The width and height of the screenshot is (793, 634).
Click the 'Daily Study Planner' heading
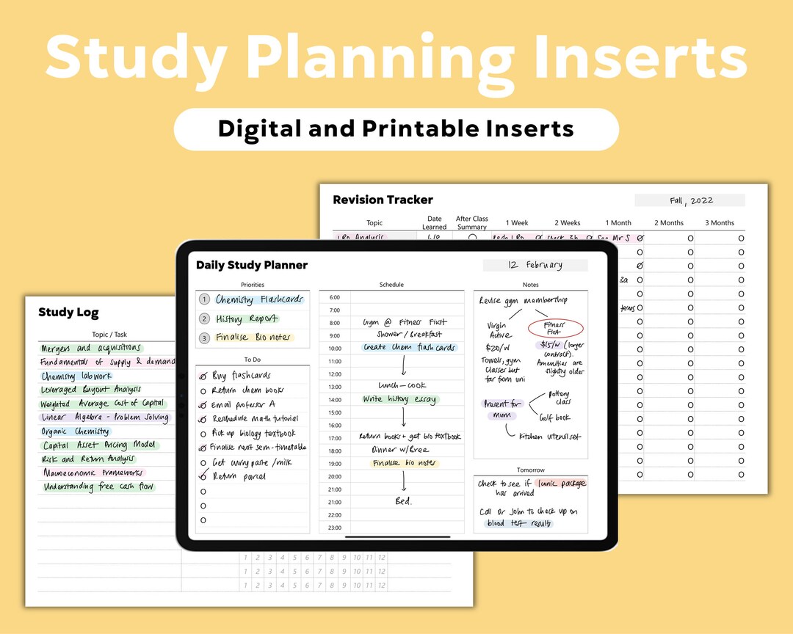coord(251,265)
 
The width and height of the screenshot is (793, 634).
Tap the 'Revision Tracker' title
coord(383,200)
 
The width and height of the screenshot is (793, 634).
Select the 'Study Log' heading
coord(68,313)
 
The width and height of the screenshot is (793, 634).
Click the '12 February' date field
coord(535,265)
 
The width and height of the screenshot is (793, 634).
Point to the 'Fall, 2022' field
coord(690,200)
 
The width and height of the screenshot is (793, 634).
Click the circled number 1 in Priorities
coord(204,299)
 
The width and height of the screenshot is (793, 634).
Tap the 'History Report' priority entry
coord(247,319)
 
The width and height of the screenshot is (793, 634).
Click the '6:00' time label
coord(334,297)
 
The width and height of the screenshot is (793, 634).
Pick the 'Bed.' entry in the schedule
coord(403,501)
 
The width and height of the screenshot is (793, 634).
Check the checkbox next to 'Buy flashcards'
coord(203,376)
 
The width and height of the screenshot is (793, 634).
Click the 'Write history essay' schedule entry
coord(399,400)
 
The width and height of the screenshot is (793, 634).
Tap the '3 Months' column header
coord(720,223)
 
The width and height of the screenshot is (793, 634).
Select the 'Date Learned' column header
coord(435,223)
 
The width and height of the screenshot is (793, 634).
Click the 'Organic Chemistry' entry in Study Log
coord(76,431)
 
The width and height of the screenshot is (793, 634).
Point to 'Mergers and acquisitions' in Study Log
coord(91,349)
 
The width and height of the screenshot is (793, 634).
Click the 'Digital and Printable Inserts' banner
coord(396,129)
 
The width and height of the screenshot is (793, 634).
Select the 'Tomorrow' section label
coord(530,470)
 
